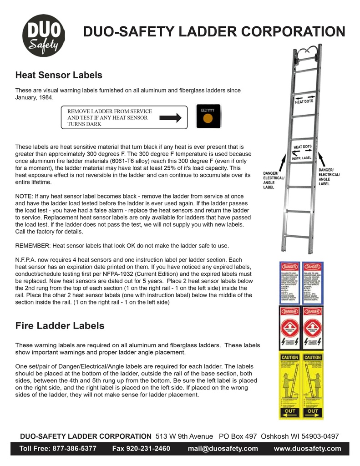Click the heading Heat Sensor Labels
59,75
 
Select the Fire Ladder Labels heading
60,326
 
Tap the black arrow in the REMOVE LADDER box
171,118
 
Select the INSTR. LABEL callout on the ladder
301,158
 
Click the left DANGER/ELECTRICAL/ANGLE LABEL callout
274,180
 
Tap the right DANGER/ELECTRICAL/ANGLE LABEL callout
329,177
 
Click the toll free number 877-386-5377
75,448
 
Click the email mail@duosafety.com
223,448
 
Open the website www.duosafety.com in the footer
307,448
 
